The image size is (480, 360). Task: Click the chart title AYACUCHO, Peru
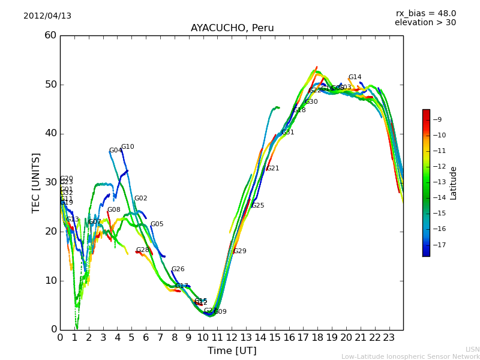(x=232, y=28)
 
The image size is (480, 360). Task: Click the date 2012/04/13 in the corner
(x=47, y=16)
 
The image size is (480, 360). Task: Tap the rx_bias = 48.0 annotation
(x=425, y=13)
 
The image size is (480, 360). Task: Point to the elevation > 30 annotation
(x=425, y=23)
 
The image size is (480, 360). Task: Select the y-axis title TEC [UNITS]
(x=37, y=182)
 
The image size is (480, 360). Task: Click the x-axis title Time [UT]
(x=232, y=351)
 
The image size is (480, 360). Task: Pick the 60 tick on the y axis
(x=50, y=35)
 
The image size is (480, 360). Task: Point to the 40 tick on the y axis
(x=50, y=133)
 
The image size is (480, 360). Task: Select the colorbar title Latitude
(x=454, y=183)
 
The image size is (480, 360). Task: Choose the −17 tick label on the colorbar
(x=439, y=245)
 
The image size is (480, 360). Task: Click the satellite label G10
(x=128, y=147)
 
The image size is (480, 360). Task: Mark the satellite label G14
(x=355, y=77)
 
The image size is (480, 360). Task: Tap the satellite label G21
(x=273, y=169)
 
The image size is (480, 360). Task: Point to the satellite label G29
(x=240, y=251)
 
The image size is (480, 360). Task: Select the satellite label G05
(x=157, y=224)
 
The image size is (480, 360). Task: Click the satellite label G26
(x=178, y=269)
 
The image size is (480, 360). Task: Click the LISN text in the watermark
(x=473, y=349)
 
